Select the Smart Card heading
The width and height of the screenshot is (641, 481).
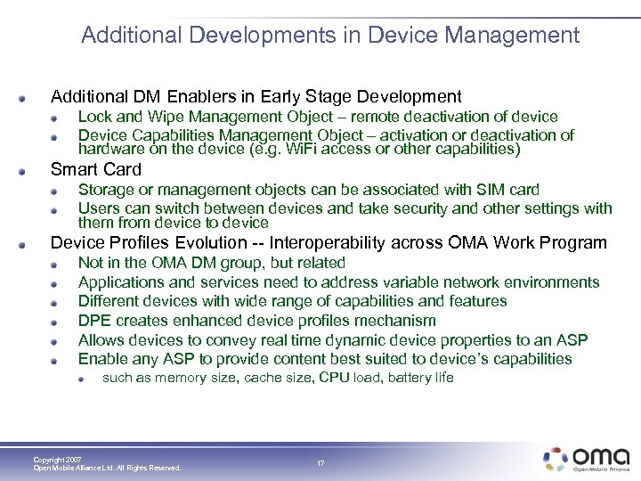tap(96, 169)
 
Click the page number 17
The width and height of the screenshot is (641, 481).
tap(320, 463)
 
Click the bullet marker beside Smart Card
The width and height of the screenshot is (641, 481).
tap(32, 170)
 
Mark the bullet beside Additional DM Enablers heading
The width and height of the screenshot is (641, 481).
tap(32, 97)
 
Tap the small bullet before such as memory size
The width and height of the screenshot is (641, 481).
tap(82, 379)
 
